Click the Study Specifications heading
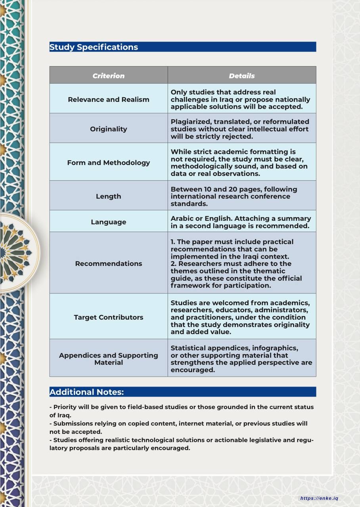(94, 47)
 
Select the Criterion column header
(108, 76)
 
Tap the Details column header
(241, 76)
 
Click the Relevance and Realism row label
(108, 99)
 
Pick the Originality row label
(108, 129)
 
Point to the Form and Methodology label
(108, 162)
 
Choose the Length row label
(108, 196)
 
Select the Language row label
(108, 222)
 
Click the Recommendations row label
(108, 263)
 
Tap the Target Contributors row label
(108, 317)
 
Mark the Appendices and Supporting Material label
(108, 359)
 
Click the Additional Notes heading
(86, 392)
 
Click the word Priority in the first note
(66, 407)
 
